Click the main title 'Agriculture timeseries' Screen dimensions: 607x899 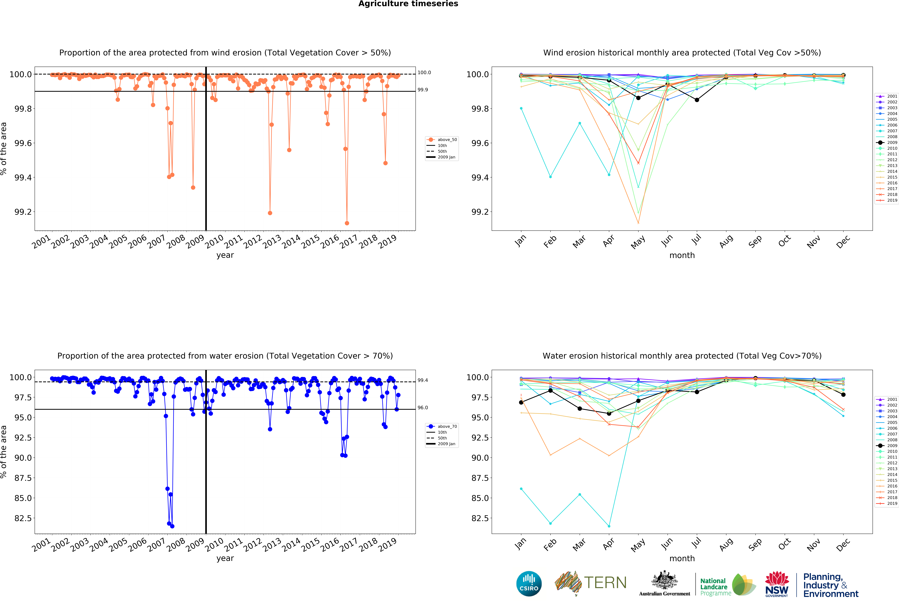click(x=408, y=4)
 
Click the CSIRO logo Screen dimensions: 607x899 click(x=529, y=583)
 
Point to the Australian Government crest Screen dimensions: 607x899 click(x=664, y=580)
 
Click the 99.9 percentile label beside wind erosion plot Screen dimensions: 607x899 click(x=422, y=90)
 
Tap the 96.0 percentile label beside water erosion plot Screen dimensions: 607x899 click(x=422, y=408)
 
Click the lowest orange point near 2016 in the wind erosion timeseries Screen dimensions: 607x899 click(x=347, y=223)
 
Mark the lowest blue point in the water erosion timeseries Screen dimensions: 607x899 click(x=172, y=526)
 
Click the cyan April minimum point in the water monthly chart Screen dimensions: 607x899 click(x=609, y=526)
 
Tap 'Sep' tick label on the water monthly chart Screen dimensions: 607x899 click(x=755, y=545)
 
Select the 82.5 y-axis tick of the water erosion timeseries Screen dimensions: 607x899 click(x=23, y=518)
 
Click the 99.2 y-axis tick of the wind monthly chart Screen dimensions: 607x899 click(x=480, y=212)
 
